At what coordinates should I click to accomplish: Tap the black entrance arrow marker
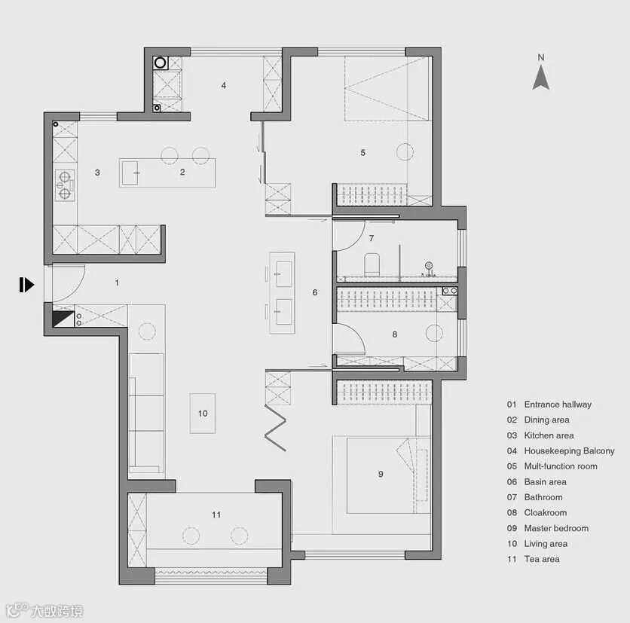26,285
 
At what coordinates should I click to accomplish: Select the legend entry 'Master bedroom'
556,528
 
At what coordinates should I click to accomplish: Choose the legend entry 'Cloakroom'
545,512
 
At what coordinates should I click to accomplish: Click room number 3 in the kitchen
97,173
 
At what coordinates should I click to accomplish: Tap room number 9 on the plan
381,474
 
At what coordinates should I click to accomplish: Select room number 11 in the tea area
216,515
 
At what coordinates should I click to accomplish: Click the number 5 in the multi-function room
362,152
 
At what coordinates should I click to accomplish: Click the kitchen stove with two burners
65,185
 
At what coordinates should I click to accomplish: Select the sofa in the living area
147,414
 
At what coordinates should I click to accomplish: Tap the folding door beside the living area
275,428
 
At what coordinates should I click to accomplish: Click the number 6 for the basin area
315,292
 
